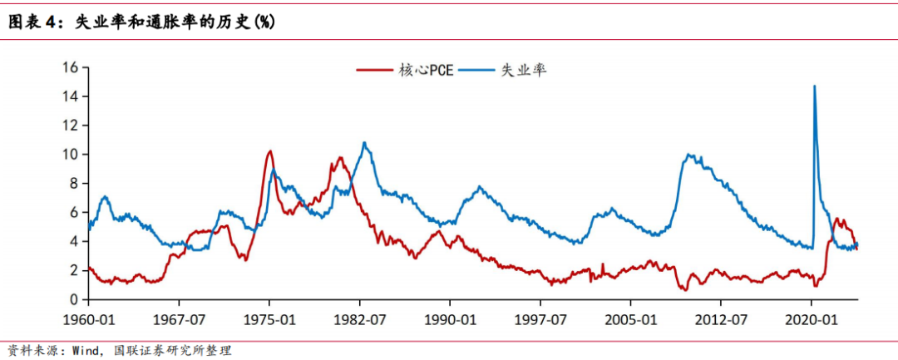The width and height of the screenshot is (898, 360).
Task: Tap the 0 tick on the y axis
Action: (74, 299)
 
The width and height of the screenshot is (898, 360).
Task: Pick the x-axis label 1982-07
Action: (360, 319)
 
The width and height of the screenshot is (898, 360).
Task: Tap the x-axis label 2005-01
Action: (631, 319)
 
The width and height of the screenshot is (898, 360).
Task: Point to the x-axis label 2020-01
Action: (812, 319)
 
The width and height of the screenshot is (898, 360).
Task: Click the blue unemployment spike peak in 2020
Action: (814, 86)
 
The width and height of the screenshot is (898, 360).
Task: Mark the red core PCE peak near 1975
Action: (269, 151)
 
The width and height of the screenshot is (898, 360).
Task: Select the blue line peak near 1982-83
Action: (364, 142)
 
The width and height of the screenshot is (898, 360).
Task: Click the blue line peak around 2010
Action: (689, 155)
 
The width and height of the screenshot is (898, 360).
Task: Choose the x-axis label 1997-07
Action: (540, 319)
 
